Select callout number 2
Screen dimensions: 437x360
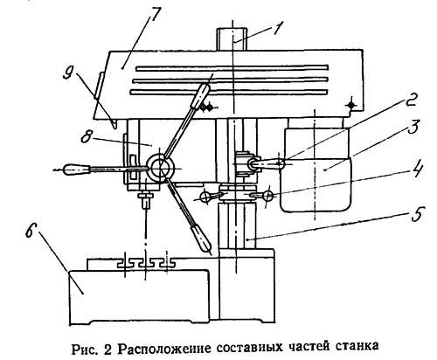pos(408,101)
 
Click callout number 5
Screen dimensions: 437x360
pos(418,215)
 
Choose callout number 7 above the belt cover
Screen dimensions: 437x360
pos(154,15)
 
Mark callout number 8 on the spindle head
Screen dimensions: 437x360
pos(87,136)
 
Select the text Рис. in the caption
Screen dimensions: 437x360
pos(83,349)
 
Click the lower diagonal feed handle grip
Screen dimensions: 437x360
pos(200,238)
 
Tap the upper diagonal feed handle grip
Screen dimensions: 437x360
pos(199,96)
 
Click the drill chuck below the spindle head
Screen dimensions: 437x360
pos(145,199)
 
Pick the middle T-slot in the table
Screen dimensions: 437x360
pos(145,263)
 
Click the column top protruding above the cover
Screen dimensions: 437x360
pos(232,38)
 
